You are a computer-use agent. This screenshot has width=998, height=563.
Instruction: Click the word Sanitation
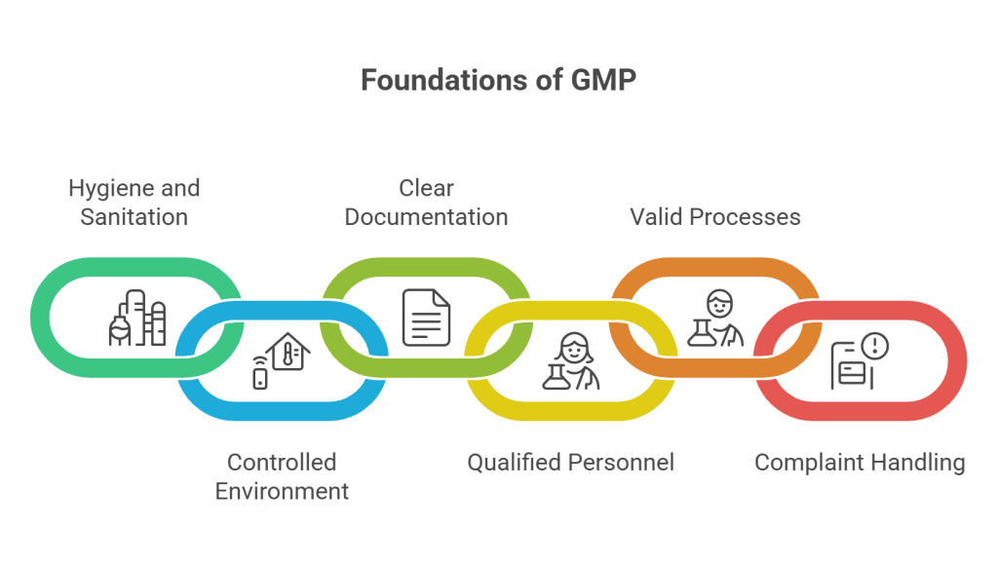point(134,216)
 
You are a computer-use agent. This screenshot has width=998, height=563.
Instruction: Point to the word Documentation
point(426,216)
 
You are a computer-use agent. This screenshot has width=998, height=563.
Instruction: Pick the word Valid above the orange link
point(655,216)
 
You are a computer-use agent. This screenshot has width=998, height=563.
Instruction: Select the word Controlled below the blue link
point(282,462)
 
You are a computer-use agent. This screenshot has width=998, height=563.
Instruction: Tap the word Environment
point(282,491)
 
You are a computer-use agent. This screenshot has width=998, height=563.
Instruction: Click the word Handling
point(918,462)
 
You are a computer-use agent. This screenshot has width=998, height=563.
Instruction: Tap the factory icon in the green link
point(136,318)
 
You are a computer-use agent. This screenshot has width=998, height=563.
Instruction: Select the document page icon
point(427,318)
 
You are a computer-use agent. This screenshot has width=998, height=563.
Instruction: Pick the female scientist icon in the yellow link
point(571,361)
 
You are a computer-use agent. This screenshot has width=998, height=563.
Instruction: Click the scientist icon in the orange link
point(716,318)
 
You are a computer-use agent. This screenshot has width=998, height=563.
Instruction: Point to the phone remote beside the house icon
point(260,373)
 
